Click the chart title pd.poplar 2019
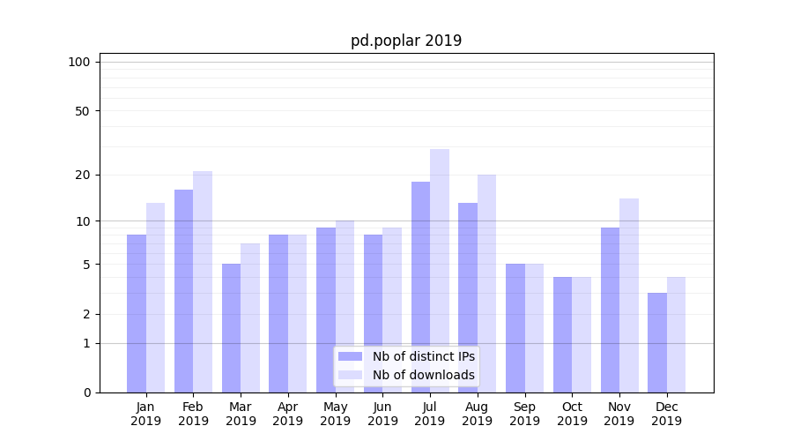tap(406, 41)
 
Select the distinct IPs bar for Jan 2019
tap(137, 313)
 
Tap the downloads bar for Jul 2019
tap(440, 271)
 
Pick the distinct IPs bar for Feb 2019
tap(183, 291)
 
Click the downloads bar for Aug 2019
tap(487, 283)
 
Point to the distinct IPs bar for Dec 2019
tap(657, 342)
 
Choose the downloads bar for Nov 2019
tap(629, 295)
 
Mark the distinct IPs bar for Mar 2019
tap(231, 328)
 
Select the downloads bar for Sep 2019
tap(534, 328)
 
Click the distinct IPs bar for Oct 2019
tap(562, 334)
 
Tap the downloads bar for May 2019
tap(345, 306)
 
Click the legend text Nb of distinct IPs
tap(424, 356)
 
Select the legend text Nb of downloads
tap(424, 375)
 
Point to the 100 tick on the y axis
tap(79, 62)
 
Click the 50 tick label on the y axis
tap(83, 111)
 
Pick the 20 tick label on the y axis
tap(83, 175)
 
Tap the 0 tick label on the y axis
tap(86, 392)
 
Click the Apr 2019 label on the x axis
tap(288, 414)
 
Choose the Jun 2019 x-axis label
tap(382, 414)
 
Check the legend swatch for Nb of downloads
tap(351, 375)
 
